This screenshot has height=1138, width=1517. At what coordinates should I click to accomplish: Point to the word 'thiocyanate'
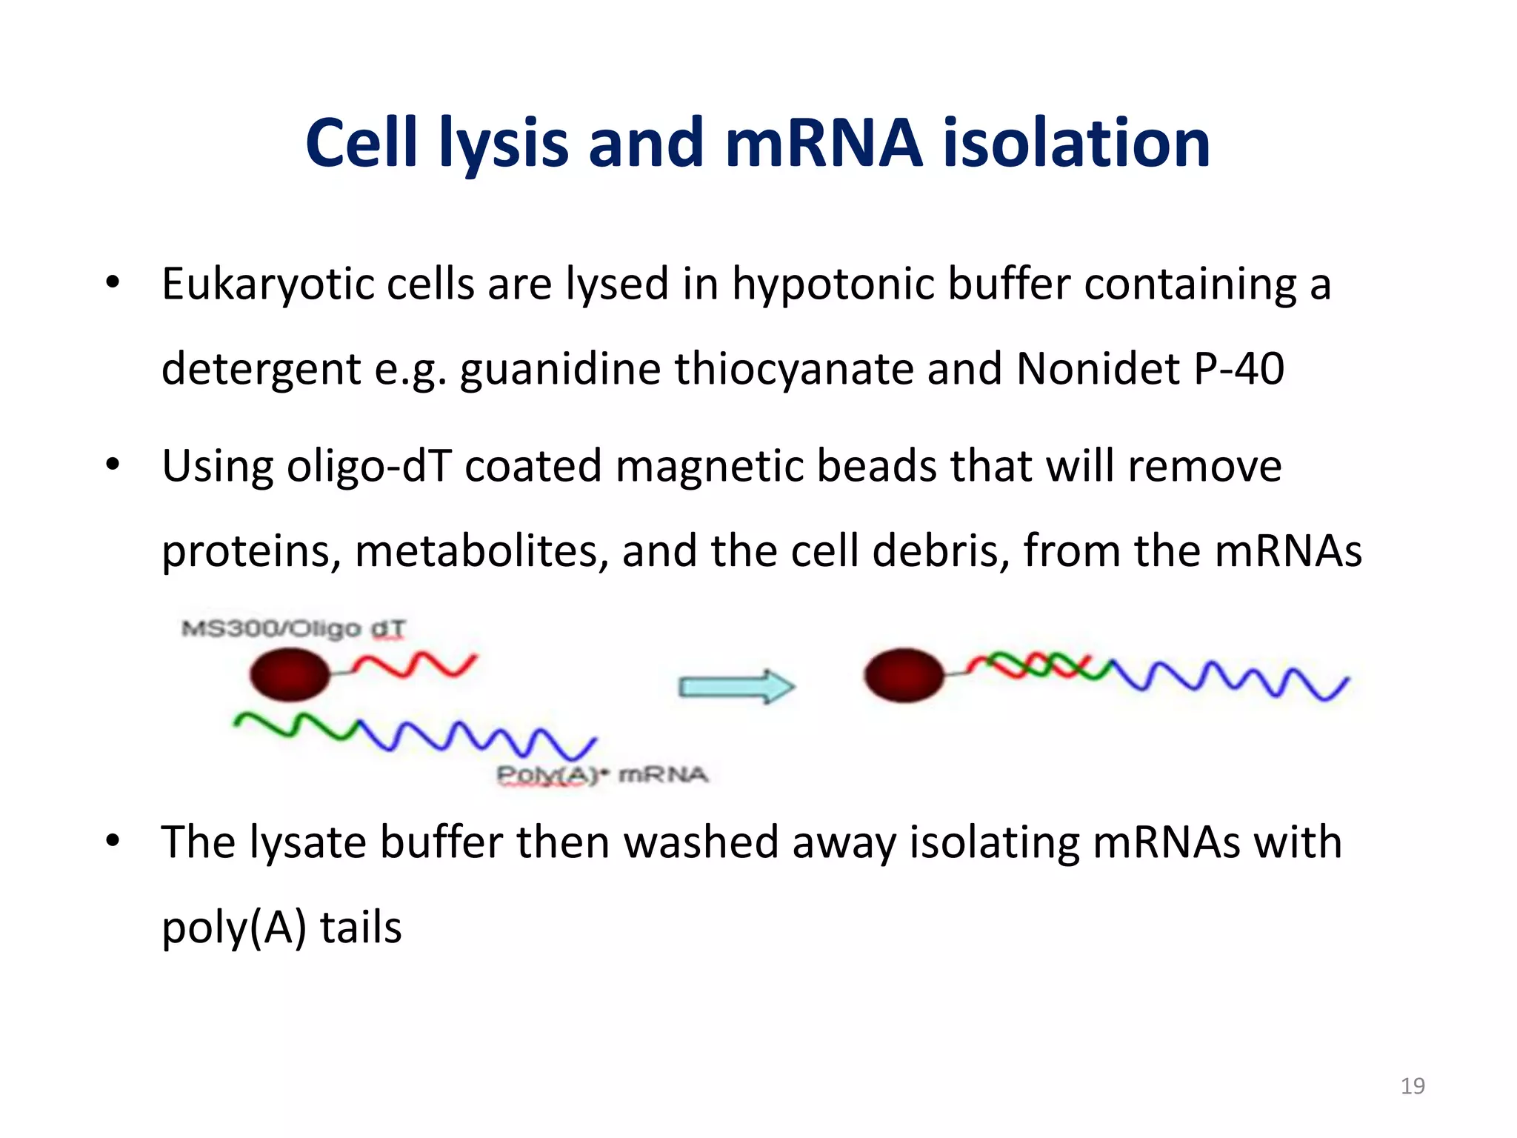tap(793, 369)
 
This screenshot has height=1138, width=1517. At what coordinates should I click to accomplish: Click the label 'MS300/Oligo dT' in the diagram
tap(293, 629)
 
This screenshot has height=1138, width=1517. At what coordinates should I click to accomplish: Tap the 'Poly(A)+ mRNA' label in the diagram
tap(601, 775)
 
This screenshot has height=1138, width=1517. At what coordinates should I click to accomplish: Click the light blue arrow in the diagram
tap(736, 686)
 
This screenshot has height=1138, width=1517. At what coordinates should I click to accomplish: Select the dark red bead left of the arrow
tap(290, 674)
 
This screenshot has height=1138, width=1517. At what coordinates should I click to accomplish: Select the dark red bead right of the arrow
tap(904, 674)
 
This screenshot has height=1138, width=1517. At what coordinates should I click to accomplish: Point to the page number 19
tap(1413, 1086)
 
